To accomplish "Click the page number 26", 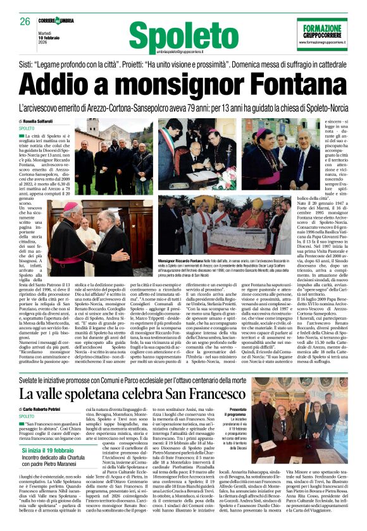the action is point(25,21).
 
